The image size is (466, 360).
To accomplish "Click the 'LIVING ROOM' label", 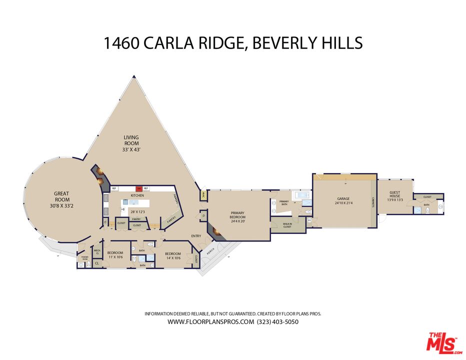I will pyautogui.click(x=131, y=143).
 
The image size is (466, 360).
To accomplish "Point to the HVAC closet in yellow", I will pyautogui.click(x=203, y=196).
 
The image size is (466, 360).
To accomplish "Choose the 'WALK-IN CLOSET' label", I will pyautogui.click(x=287, y=225).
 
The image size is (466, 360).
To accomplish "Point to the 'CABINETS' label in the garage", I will pyautogui.click(x=373, y=201).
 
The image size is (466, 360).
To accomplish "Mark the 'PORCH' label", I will pyautogui.click(x=210, y=250).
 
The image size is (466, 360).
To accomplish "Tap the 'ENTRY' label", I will pyautogui.click(x=195, y=235).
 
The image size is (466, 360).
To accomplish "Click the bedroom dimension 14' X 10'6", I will pyautogui.click(x=175, y=258).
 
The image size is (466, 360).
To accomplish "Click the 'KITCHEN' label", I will pyautogui.click(x=137, y=195).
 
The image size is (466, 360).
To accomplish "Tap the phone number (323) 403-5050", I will pyautogui.click(x=277, y=322).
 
